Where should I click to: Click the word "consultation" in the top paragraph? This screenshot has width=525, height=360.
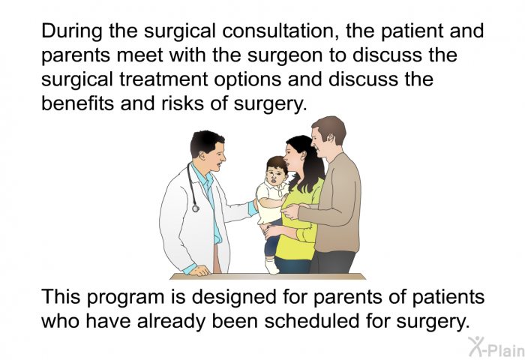[x=281, y=31]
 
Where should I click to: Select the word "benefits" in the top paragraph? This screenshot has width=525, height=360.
[x=78, y=103]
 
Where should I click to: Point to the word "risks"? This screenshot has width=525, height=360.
[x=182, y=103]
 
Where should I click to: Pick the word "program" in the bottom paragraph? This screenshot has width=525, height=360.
[x=125, y=298]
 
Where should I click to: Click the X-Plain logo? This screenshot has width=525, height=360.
[x=496, y=347]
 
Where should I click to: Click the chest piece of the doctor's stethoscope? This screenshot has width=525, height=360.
[x=196, y=208]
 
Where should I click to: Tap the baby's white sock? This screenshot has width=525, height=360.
[x=271, y=265]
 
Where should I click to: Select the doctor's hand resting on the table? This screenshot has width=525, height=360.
[x=199, y=270]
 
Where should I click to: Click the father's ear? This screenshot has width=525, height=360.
[x=330, y=138]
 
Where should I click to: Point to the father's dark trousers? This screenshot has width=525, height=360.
[x=333, y=262]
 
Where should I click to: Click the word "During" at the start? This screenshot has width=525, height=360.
[x=72, y=31]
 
